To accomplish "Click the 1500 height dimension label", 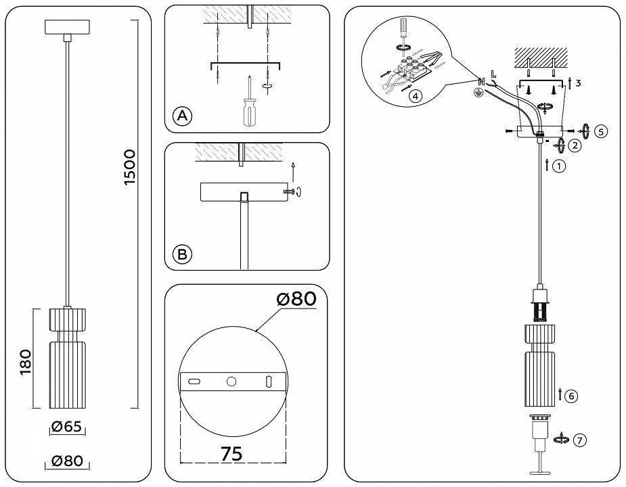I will pyautogui.click(x=130, y=167).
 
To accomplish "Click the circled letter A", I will pyautogui.click(x=182, y=116).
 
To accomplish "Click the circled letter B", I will pyautogui.click(x=182, y=254).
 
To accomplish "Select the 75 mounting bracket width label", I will pyautogui.click(x=231, y=454).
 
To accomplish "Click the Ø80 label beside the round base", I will pyautogui.click(x=296, y=298).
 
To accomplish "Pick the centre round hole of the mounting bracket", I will pyautogui.click(x=231, y=382).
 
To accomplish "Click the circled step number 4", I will pyautogui.click(x=416, y=96).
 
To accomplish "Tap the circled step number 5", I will pyautogui.click(x=602, y=131).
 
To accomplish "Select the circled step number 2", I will pyautogui.click(x=574, y=144).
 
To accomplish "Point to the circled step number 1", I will pyautogui.click(x=559, y=165).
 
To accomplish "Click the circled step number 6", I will pyautogui.click(x=571, y=396).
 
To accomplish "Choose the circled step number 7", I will pyautogui.click(x=579, y=440).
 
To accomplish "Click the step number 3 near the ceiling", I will pyautogui.click(x=578, y=83).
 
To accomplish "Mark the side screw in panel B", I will pyautogui.click(x=290, y=192).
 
